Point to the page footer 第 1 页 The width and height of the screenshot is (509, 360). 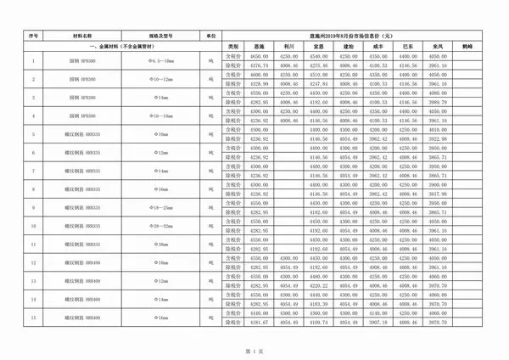255,350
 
